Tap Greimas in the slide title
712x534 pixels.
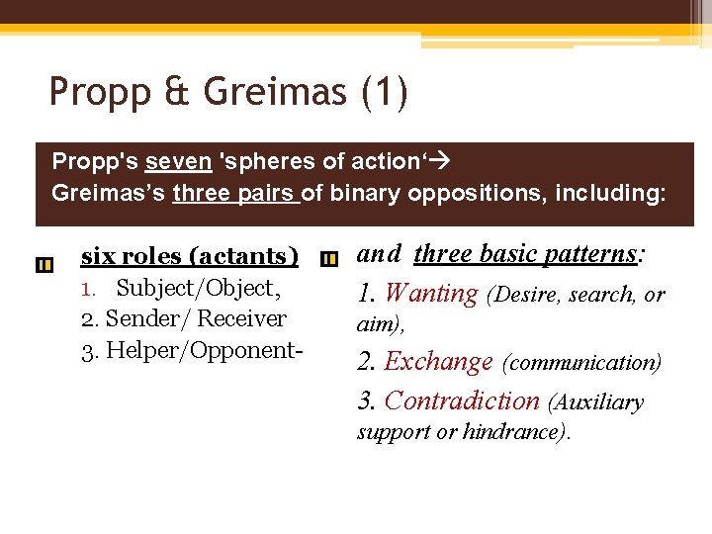click(x=274, y=92)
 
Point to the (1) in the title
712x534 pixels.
click(x=384, y=92)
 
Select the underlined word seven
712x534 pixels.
click(x=178, y=161)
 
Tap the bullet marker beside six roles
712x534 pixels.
click(x=44, y=265)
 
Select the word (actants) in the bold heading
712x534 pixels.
click(x=248, y=256)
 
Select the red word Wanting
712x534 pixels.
click(x=431, y=294)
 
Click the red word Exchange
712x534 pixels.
click(x=438, y=362)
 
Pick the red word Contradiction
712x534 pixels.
click(x=462, y=400)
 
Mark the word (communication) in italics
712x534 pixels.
click(x=582, y=363)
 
